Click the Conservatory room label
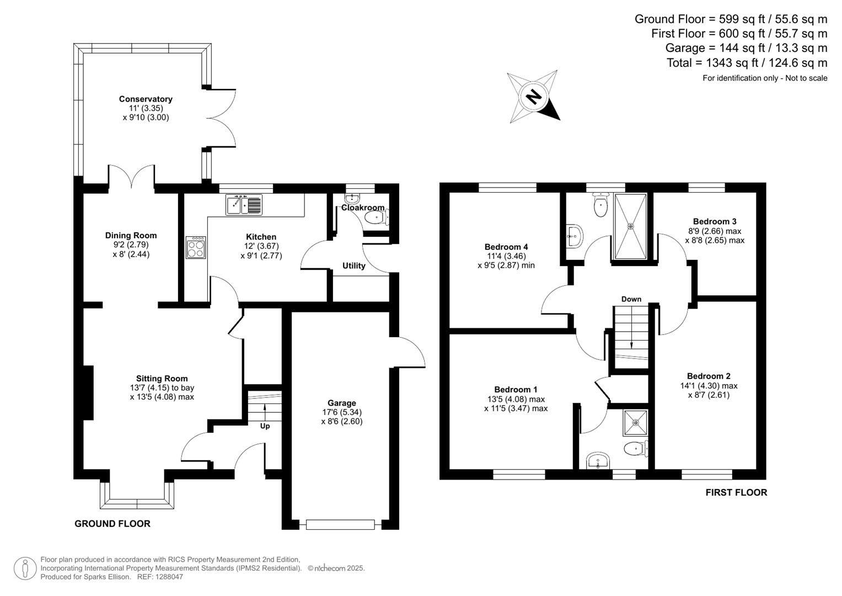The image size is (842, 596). [x=146, y=99]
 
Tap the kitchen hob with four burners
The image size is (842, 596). [x=196, y=247]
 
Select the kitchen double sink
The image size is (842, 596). [x=244, y=205]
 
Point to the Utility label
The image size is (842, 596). [x=353, y=266]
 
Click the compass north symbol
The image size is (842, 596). [x=533, y=97]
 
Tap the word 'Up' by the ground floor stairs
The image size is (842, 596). [x=265, y=426]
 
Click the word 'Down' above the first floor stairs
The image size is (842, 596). [x=631, y=299]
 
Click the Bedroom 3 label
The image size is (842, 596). [x=715, y=222]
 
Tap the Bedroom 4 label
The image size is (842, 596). [x=506, y=247]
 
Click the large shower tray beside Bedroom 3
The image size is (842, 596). [x=630, y=226]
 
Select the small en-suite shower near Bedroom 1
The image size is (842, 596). [x=635, y=422]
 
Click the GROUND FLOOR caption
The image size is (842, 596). [x=112, y=524]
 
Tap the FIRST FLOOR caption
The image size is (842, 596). [x=736, y=492]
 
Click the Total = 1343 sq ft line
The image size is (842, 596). [x=747, y=63]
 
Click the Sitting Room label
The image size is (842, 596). [x=162, y=379]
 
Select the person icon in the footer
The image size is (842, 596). [x=25, y=568]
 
